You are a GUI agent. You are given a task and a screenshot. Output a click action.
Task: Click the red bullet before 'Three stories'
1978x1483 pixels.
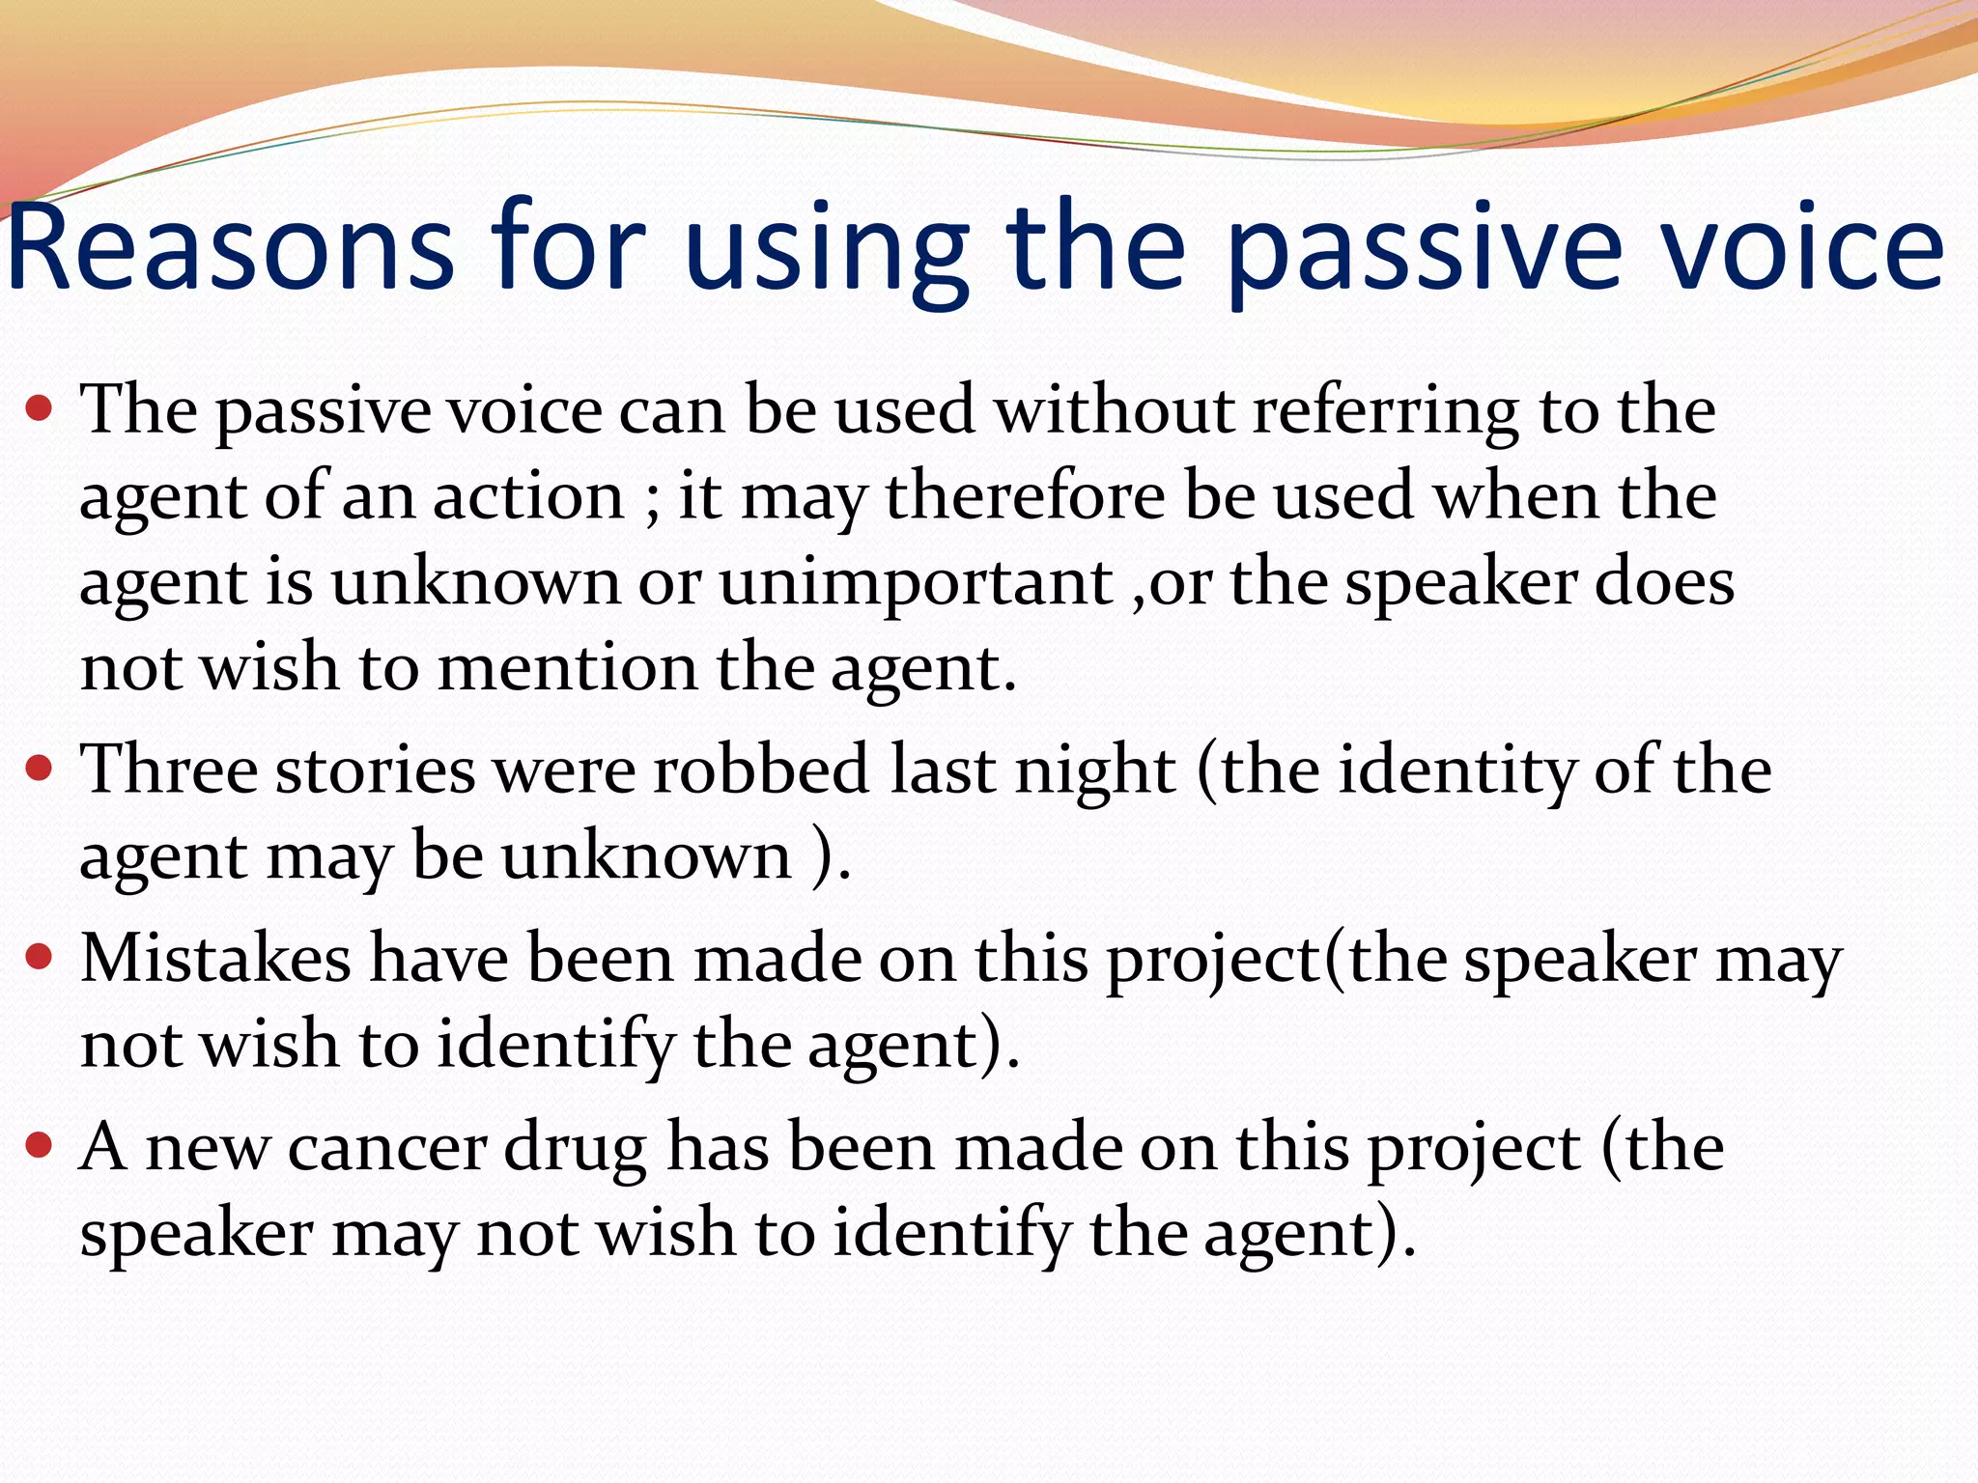coord(39,769)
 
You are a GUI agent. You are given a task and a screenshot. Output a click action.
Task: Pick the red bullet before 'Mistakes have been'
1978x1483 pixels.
coord(39,959)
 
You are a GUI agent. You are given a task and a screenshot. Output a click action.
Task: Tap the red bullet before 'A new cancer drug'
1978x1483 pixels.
coord(39,1146)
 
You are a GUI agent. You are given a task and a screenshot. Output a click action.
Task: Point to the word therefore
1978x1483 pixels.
coord(1026,497)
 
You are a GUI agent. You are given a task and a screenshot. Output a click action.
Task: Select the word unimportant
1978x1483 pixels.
coord(917,584)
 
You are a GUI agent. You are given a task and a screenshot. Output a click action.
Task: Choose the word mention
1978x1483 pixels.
coord(567,668)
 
